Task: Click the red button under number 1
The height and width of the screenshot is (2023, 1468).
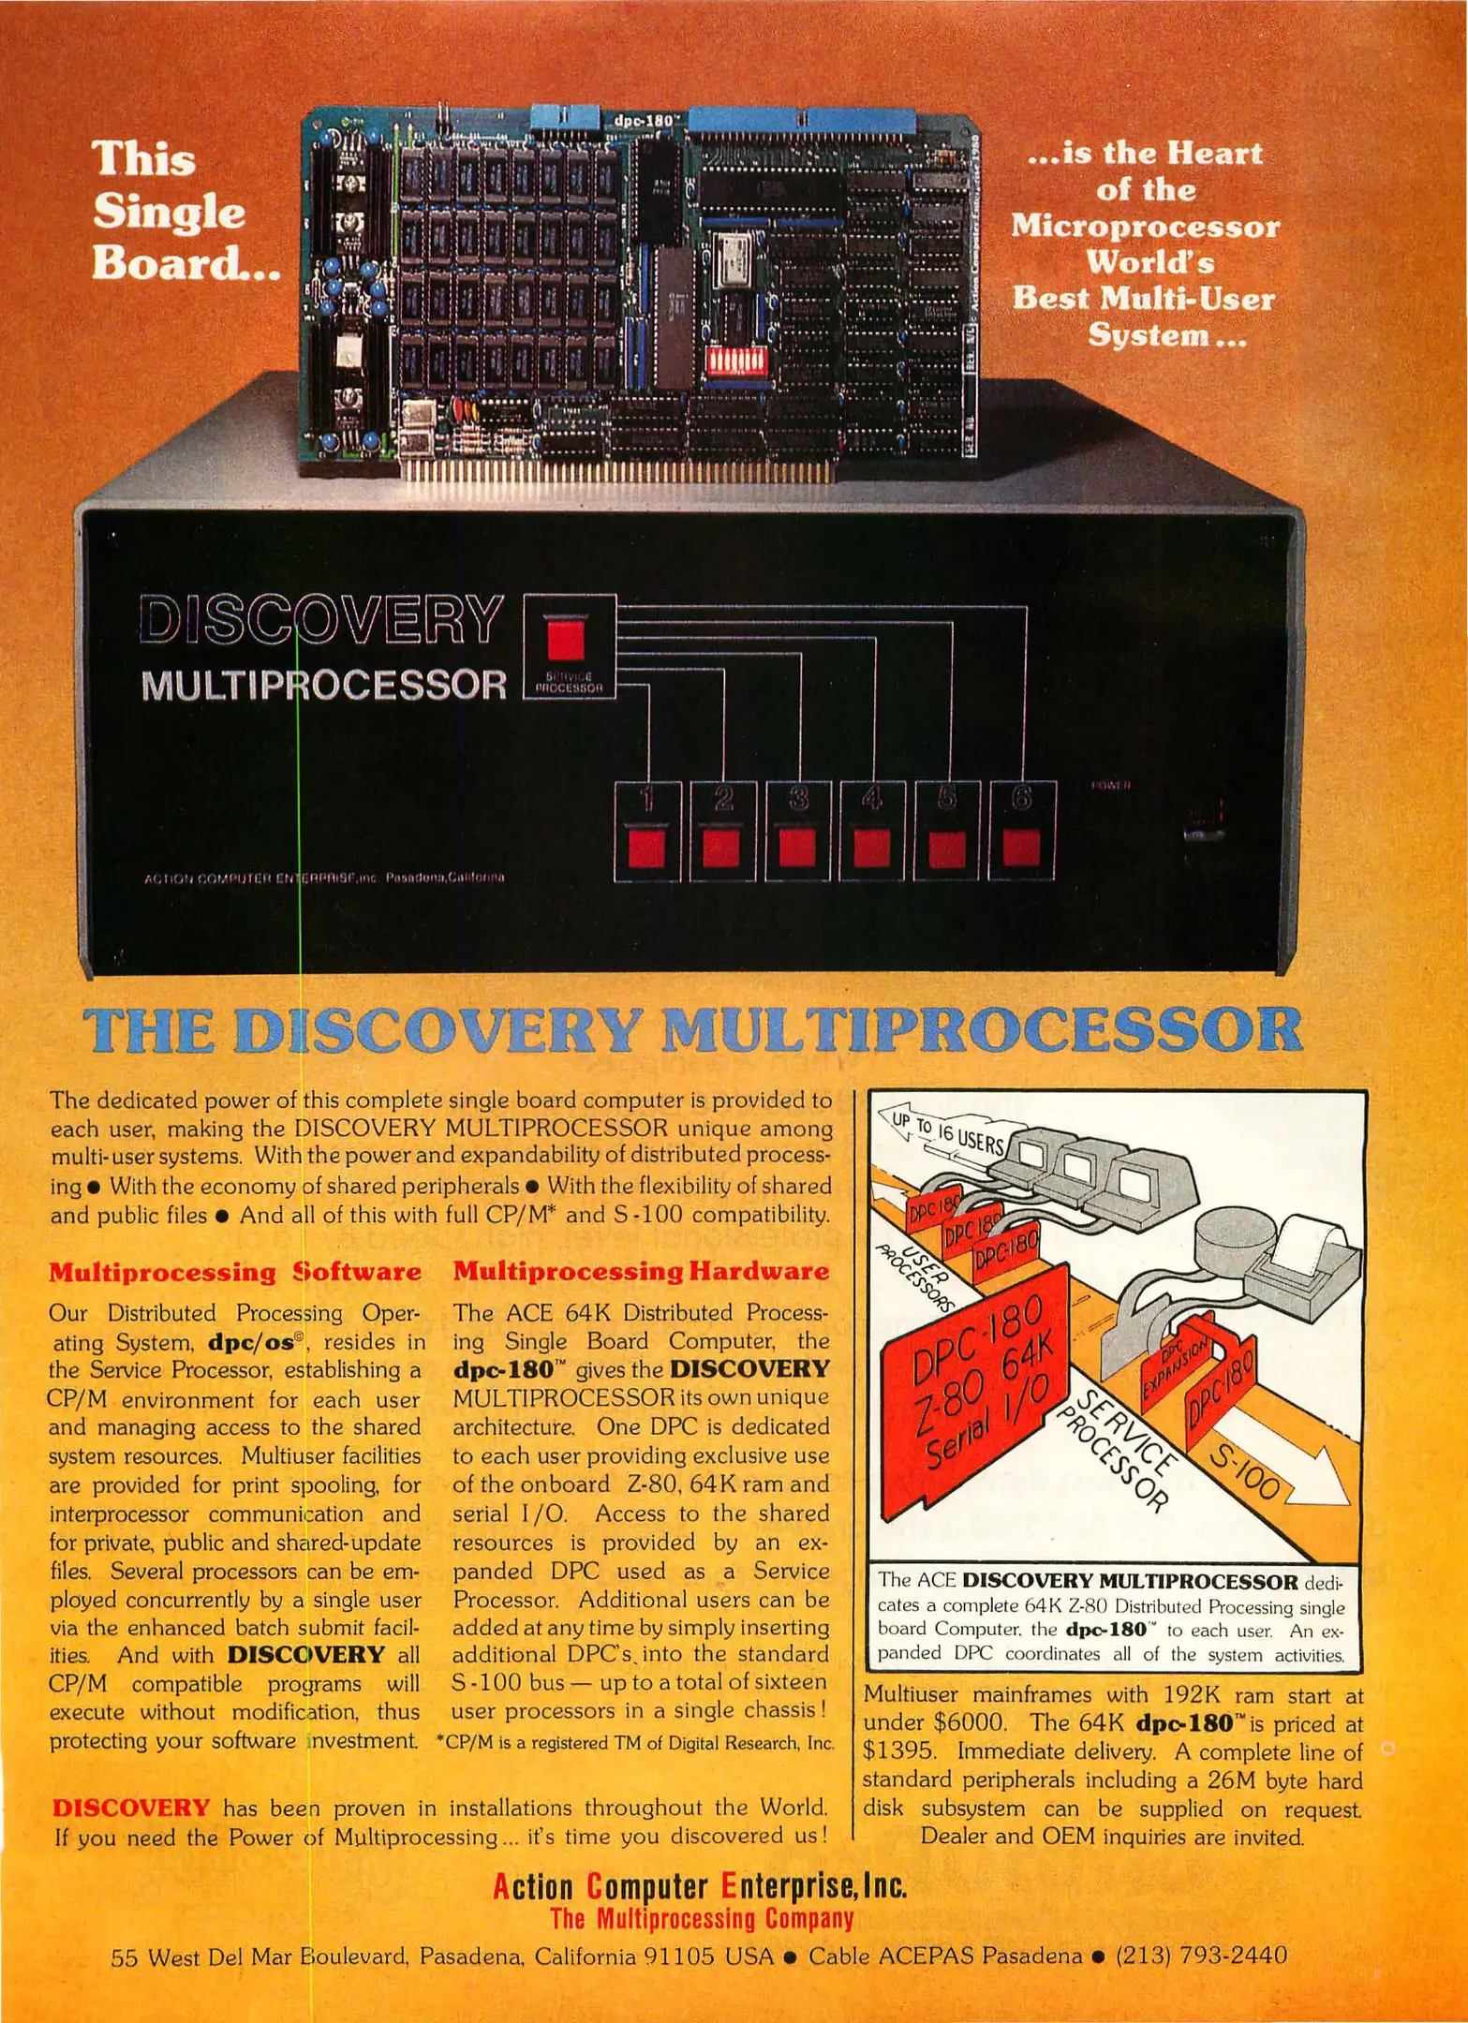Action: [x=646, y=849]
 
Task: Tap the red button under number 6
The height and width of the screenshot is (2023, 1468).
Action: [x=1021, y=849]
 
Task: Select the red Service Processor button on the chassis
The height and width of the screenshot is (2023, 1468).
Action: [x=565, y=641]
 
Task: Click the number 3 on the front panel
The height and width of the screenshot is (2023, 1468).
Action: [x=798, y=799]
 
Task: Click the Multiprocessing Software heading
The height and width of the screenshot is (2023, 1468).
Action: [x=234, y=1272]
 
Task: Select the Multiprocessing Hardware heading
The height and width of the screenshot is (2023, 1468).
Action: [x=641, y=1272]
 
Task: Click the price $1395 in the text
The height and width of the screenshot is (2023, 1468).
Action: [x=900, y=1751]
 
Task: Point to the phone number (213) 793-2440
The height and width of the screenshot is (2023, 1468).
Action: [x=1201, y=1956]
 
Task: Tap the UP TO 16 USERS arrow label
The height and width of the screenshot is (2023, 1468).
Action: [x=946, y=1132]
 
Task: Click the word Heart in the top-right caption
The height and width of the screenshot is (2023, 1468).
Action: [x=1215, y=154]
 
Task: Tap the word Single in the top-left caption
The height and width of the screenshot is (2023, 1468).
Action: [x=169, y=211]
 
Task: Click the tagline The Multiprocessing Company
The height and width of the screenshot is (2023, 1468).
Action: [x=702, y=1919]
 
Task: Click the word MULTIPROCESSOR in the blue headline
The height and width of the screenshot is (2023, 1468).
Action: [x=982, y=1030]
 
